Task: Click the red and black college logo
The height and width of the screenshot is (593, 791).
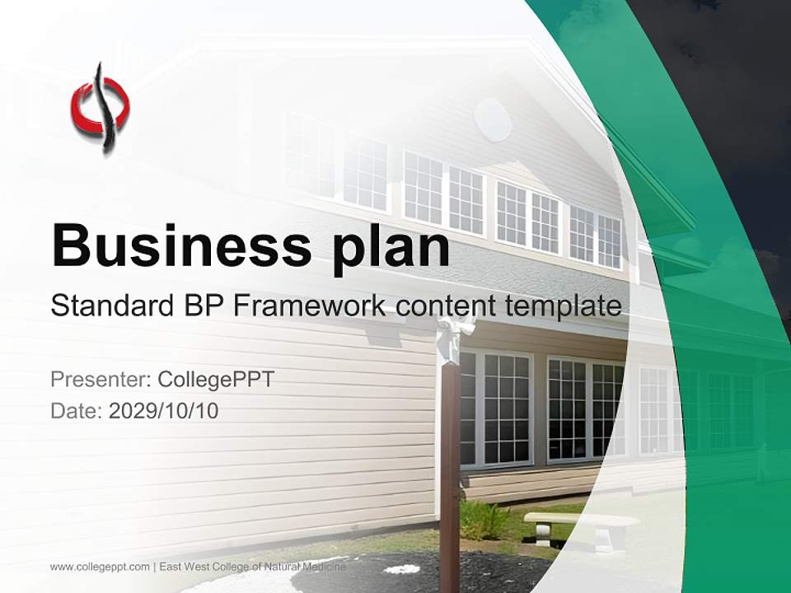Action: coord(100,108)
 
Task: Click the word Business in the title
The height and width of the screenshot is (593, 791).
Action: coord(181,245)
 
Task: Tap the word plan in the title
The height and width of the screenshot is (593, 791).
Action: coord(392,247)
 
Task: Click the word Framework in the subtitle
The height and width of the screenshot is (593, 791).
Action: coord(309,306)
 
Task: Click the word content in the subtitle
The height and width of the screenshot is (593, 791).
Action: coord(444,306)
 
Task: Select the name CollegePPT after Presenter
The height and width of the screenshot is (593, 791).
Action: coord(215,380)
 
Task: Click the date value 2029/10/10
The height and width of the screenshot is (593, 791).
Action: coord(164,410)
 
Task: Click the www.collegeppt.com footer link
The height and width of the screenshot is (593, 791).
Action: coord(100,567)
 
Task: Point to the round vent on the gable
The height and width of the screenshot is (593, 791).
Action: coord(493,119)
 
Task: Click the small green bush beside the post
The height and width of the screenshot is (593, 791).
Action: coord(481,520)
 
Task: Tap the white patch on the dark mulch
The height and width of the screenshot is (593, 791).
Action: coord(402,568)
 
